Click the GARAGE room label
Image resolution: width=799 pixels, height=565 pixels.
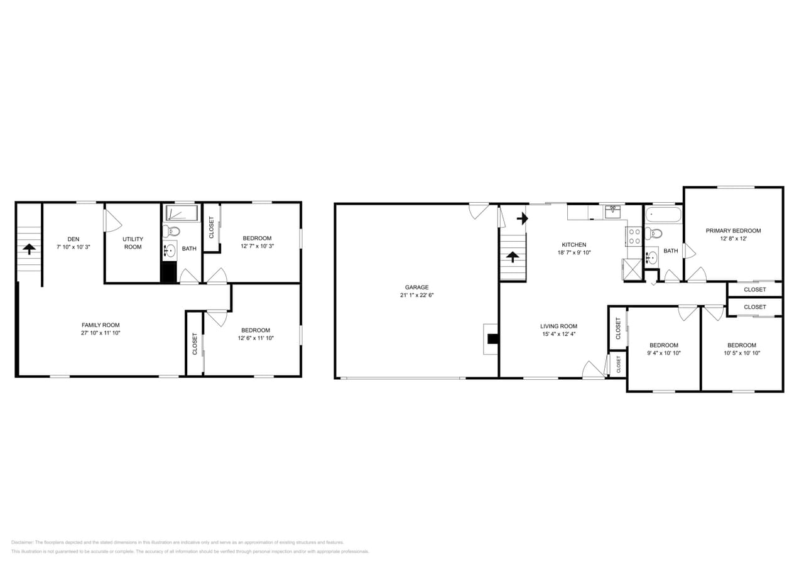(416, 288)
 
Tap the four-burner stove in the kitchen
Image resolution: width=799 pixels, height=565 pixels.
(634, 236)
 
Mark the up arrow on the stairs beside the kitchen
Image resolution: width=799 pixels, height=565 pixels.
(513, 256)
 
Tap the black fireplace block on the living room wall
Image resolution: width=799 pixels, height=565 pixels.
(493, 339)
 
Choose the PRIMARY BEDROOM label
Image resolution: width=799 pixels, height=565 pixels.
(732, 231)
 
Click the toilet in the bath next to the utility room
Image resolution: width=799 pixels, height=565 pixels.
(171, 231)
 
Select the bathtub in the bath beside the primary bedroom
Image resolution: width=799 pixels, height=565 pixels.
(663, 215)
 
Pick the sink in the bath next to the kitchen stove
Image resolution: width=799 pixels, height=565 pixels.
(652, 256)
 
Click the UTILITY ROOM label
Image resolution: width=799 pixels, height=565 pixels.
(133, 243)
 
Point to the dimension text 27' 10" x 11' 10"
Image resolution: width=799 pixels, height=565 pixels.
(101, 333)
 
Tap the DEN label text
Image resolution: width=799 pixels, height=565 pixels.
(73, 239)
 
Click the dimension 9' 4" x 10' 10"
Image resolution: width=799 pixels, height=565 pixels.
(664, 353)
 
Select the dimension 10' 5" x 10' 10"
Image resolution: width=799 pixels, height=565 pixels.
(742, 353)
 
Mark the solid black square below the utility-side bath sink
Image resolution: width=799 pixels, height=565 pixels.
(169, 272)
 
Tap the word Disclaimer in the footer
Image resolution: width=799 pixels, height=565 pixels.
(22, 542)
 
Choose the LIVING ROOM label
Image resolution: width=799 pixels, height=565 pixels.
(558, 326)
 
